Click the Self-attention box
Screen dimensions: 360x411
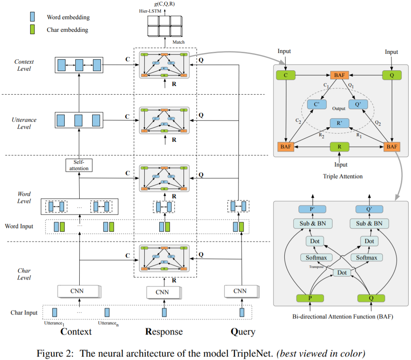tap(79, 165)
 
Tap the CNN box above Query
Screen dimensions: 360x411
tap(240, 291)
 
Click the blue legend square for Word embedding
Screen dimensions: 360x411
tap(33, 17)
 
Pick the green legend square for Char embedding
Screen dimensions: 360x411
tap(33, 29)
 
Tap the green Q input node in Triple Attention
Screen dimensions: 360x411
tap(391, 75)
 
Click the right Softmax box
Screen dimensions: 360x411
tap(367, 258)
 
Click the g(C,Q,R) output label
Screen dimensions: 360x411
tap(165, 4)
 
